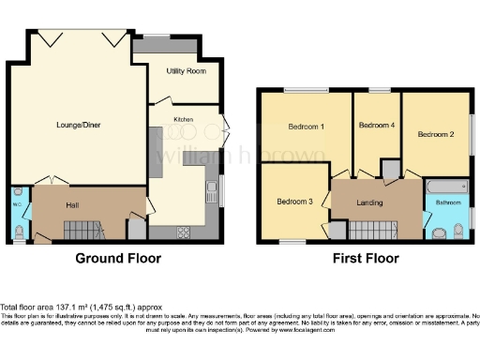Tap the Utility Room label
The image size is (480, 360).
click(x=186, y=71)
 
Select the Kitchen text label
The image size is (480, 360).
click(x=183, y=118)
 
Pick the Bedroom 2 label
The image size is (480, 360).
click(x=436, y=134)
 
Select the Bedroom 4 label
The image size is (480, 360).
click(x=377, y=126)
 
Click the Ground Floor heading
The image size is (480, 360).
click(x=117, y=258)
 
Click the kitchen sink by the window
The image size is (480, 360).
click(x=212, y=193)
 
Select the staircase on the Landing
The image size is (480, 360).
click(x=371, y=230)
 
